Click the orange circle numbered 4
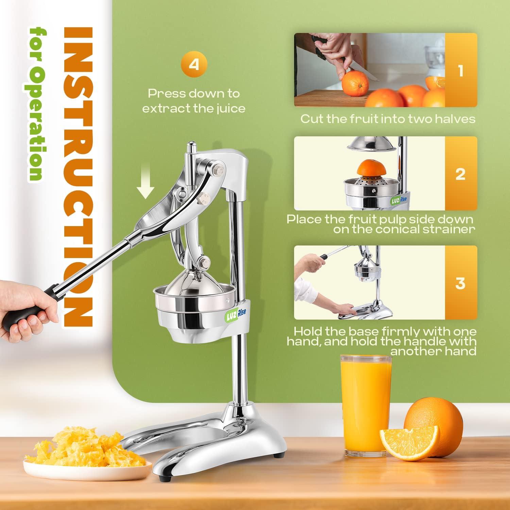point(194,64)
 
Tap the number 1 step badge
point(461,70)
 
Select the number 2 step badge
point(461,174)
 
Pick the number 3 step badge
point(461,283)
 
